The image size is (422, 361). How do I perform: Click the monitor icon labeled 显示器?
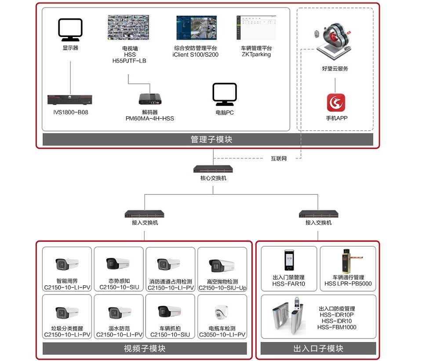[x=70, y=29]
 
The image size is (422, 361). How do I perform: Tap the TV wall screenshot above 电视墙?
[x=129, y=29]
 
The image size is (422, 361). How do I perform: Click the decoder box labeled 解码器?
[x=149, y=98]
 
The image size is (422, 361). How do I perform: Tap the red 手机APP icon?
[x=336, y=102]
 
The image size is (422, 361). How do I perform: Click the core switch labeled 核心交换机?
[x=213, y=169]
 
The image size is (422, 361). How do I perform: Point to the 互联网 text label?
[x=278, y=159]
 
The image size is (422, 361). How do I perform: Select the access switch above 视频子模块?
[x=145, y=214]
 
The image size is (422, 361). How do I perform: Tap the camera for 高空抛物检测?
[x=222, y=265]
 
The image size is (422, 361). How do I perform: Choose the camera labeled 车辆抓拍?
[x=169, y=312]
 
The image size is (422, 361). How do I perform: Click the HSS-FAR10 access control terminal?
[x=288, y=261]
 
